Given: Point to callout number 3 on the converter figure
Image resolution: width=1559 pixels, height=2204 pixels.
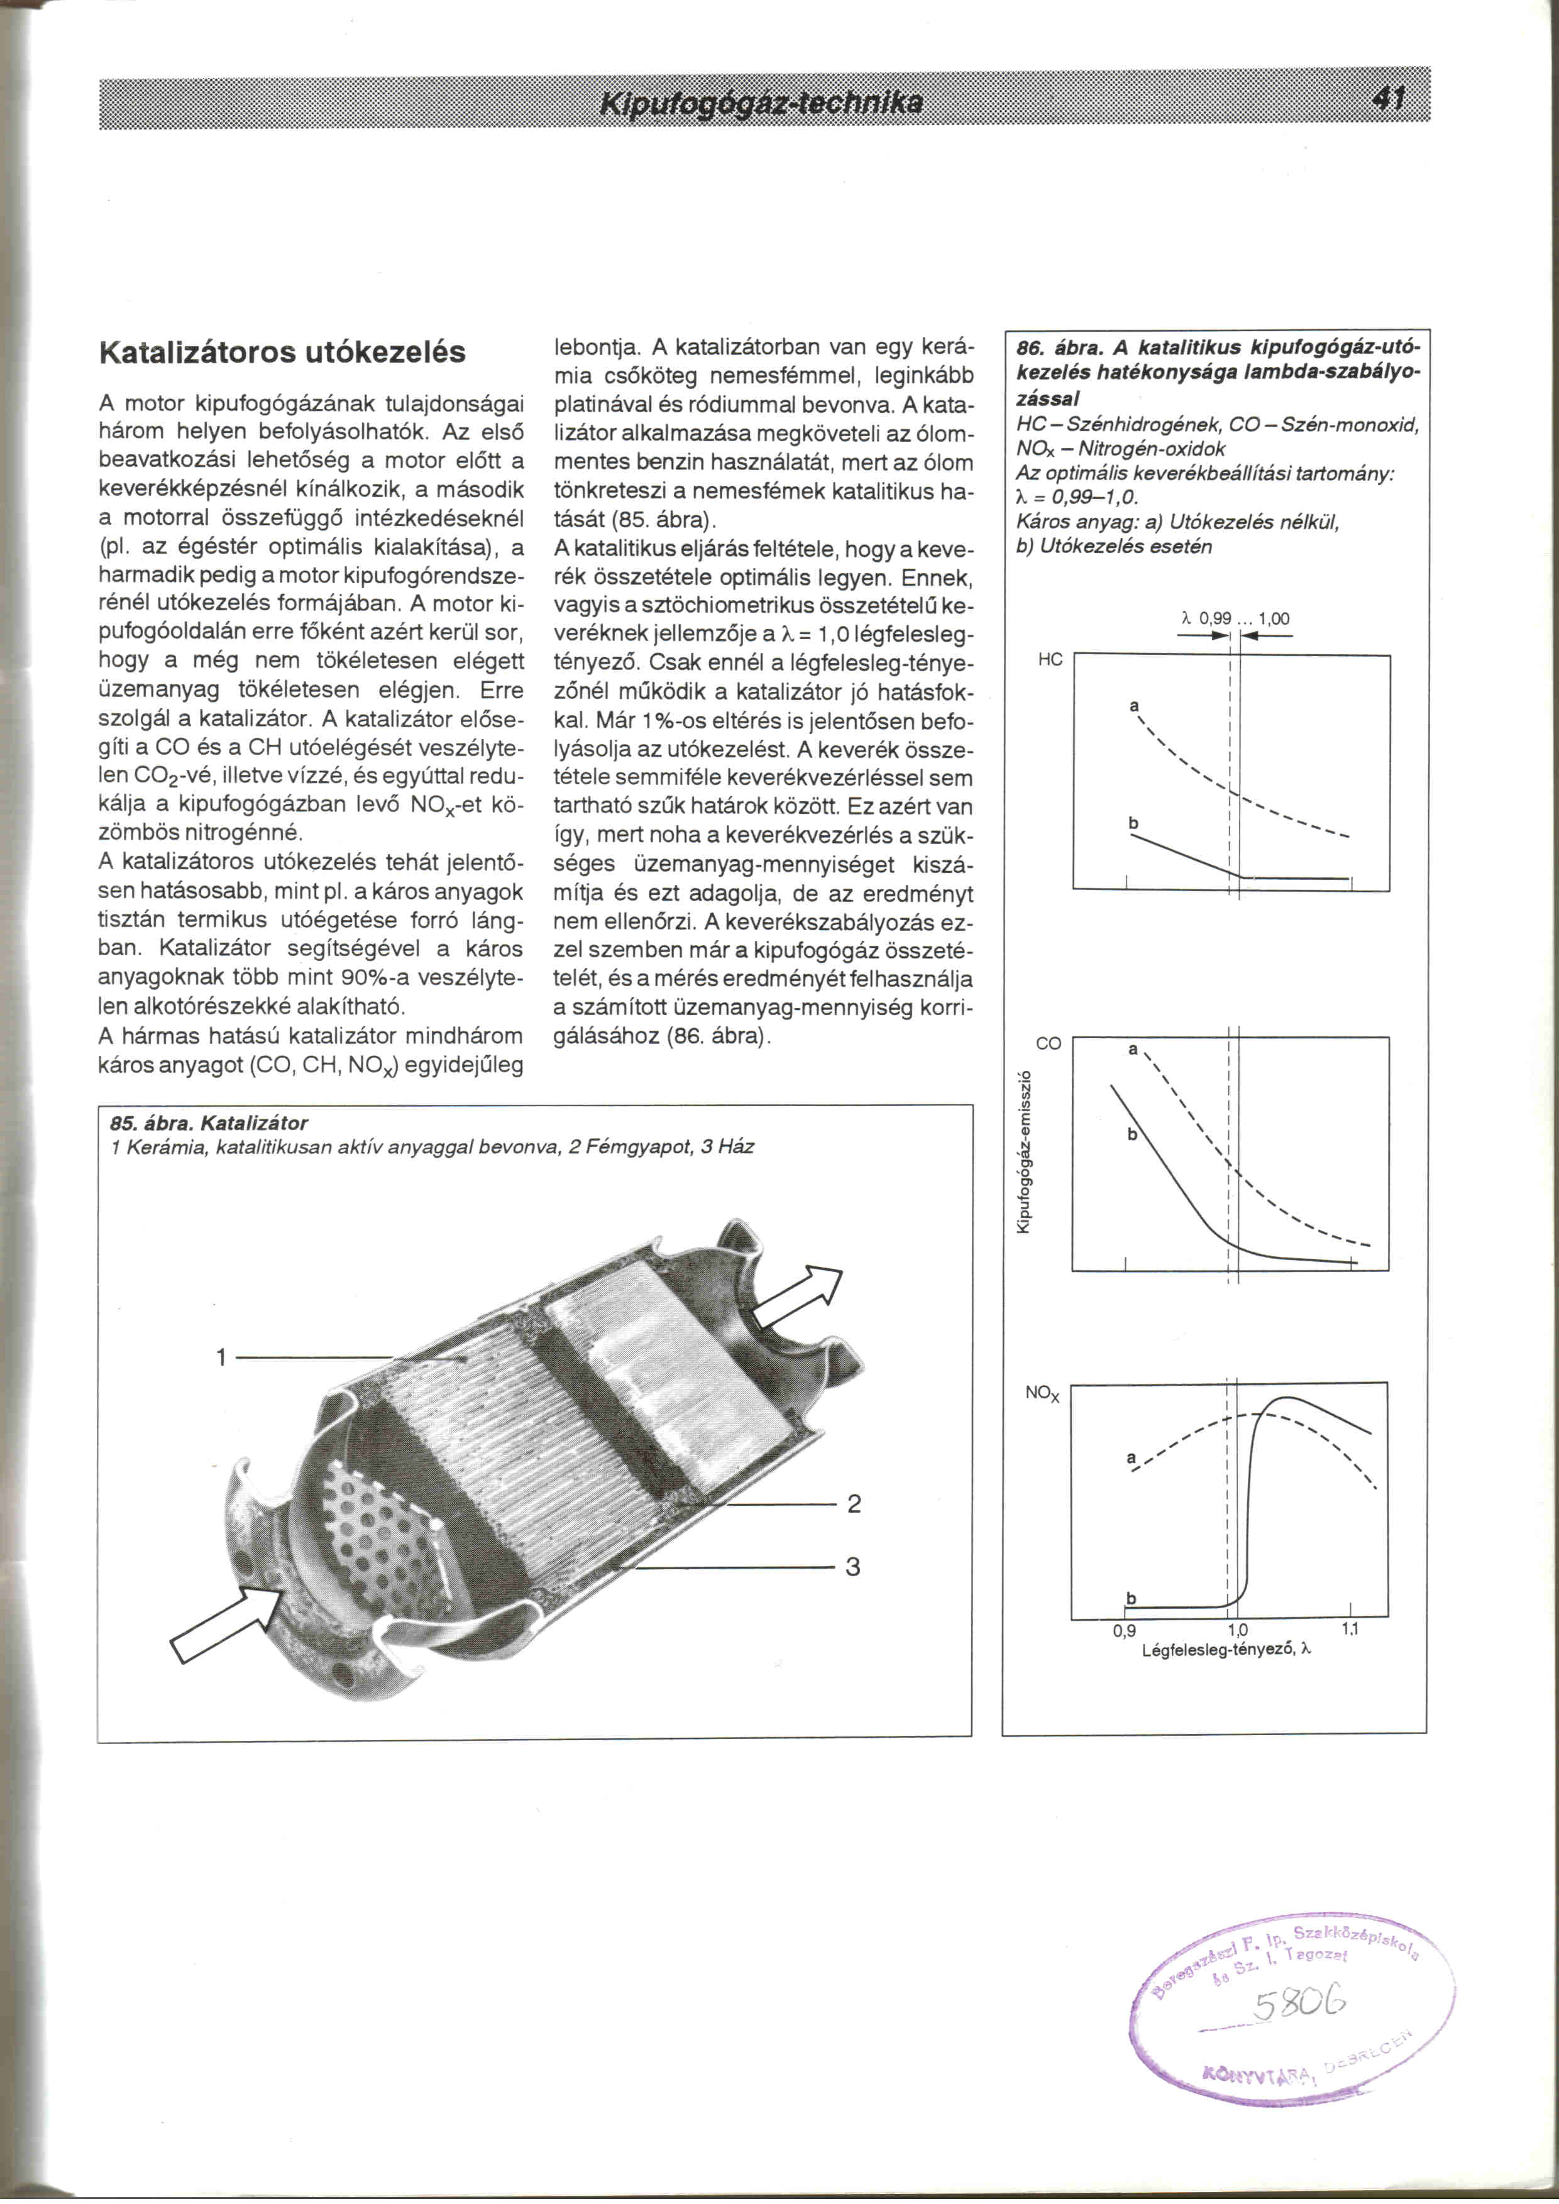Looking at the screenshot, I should click(x=852, y=1567).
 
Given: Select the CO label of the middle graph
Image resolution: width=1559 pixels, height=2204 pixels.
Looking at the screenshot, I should click(x=1049, y=1043).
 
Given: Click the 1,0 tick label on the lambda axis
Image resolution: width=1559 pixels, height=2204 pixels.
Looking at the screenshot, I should click(x=1237, y=1631).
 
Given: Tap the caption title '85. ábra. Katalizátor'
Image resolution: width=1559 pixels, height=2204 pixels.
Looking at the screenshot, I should click(x=209, y=1123).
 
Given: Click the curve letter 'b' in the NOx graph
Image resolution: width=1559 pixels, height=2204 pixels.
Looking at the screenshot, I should click(x=1131, y=1598).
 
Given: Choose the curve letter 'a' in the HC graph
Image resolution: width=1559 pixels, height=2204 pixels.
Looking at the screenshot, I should click(x=1133, y=706).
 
